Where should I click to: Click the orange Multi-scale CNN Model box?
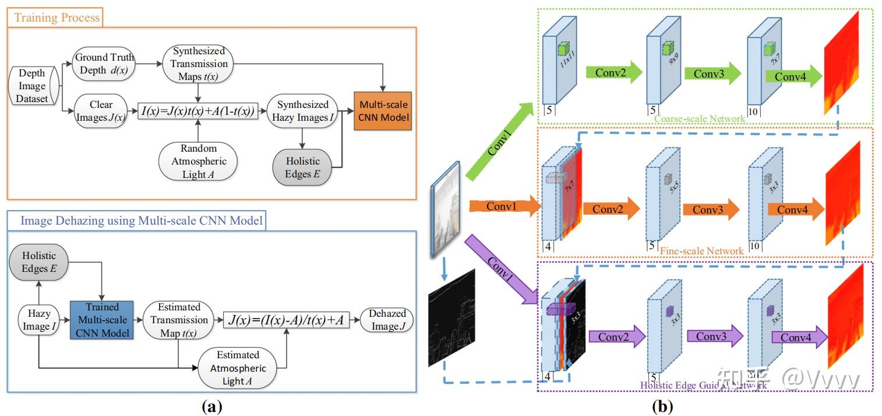click(x=383, y=111)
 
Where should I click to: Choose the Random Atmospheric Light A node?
click(x=197, y=161)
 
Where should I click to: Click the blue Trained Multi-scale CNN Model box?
click(x=101, y=320)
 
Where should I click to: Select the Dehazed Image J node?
click(x=387, y=320)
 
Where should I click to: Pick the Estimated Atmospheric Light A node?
click(x=238, y=368)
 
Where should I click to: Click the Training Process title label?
click(x=57, y=18)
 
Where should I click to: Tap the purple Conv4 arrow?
click(x=799, y=338)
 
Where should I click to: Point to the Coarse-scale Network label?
click(x=699, y=119)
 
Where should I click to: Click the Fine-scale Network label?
click(x=701, y=251)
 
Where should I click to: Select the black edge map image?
click(x=451, y=317)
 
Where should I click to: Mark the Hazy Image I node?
click(x=38, y=320)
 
